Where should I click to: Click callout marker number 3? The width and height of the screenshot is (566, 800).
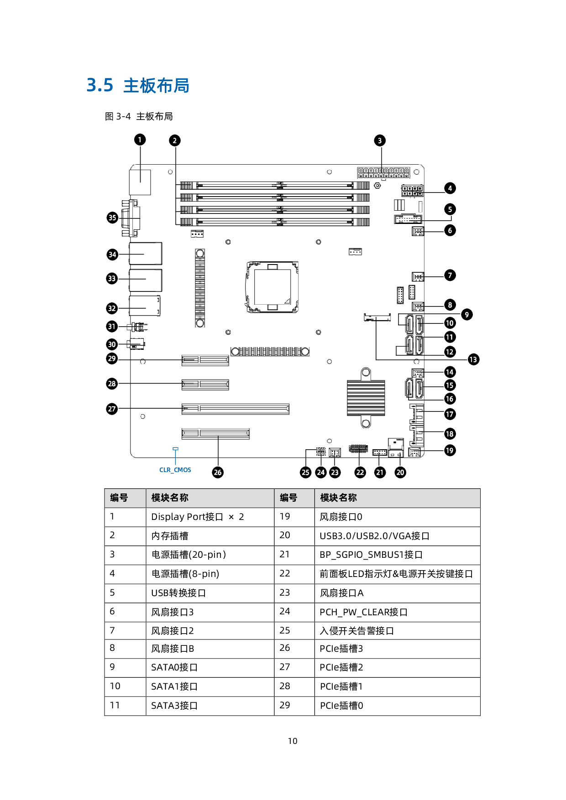[380, 140]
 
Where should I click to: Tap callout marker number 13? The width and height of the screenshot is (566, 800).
[473, 359]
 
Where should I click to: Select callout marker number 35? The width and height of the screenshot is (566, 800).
[112, 218]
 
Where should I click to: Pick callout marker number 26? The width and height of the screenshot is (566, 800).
[218, 472]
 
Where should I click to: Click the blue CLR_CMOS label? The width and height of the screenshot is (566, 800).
[175, 470]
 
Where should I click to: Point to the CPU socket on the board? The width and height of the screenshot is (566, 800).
[273, 287]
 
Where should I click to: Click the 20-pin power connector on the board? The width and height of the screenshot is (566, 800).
[383, 173]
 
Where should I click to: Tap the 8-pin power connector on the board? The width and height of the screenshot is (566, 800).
[412, 190]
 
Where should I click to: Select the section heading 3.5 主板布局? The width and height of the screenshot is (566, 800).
[138, 85]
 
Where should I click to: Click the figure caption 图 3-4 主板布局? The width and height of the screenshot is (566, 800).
[139, 116]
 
